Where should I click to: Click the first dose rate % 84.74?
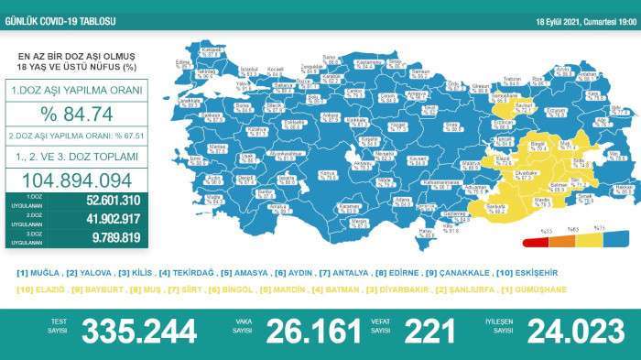75,115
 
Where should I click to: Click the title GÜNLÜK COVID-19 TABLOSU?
60,7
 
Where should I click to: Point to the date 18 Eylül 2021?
559,22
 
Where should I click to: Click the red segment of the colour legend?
535,244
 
